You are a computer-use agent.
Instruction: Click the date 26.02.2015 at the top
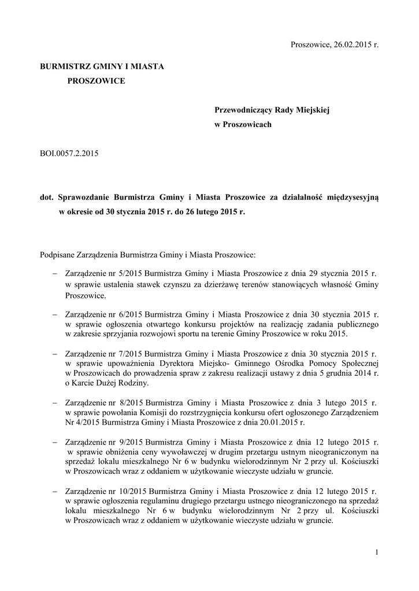coord(353,45)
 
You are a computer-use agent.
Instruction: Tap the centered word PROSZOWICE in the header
coord(96,81)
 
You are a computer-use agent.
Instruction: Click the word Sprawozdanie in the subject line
coord(83,197)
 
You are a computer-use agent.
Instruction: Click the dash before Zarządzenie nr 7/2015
coord(54,353)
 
